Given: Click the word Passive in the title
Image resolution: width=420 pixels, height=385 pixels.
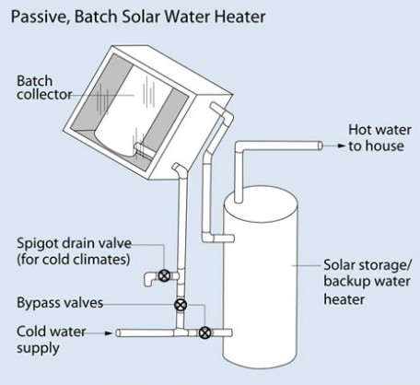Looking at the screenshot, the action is [39, 17].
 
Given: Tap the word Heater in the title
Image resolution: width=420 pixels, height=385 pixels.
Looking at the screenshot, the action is [239, 17].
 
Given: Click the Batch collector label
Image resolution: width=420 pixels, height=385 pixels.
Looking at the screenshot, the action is [44, 87].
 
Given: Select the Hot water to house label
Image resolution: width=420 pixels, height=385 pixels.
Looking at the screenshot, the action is [379, 138].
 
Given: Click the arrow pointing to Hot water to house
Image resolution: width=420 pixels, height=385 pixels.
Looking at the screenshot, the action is [334, 146].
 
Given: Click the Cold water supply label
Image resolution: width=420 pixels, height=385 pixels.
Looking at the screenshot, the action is [51, 340].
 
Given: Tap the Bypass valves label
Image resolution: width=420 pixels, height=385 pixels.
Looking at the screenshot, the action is [60, 303].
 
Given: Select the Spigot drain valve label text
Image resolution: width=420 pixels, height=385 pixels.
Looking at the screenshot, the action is [74, 243].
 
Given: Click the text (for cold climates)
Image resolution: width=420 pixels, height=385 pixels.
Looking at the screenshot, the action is [74, 260].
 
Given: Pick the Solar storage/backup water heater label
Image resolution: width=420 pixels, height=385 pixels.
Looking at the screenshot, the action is [367, 282].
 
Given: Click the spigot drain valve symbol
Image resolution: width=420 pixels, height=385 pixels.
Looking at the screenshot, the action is [165, 275].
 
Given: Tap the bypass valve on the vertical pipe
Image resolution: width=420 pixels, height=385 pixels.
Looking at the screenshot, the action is [181, 305].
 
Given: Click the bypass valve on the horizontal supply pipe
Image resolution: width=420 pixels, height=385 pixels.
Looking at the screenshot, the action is [204, 332].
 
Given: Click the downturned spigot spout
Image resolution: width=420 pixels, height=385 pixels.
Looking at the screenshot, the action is [150, 278].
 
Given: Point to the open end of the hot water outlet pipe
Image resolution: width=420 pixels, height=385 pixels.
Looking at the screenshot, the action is [321, 146].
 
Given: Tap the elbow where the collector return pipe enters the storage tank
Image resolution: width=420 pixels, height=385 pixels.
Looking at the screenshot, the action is [206, 238].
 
